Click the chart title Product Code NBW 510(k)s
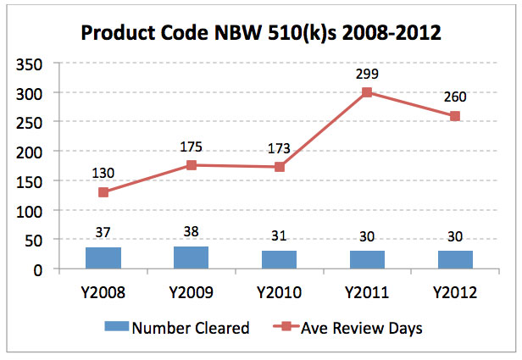[x=261, y=35]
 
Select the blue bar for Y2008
[x=103, y=258]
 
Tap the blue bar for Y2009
[x=191, y=258]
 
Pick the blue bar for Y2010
[x=279, y=260]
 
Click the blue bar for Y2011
[x=367, y=260]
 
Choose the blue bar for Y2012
[x=455, y=260]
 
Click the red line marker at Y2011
[x=367, y=93]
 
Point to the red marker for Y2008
[x=103, y=192]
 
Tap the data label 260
[x=455, y=97]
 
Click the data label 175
[x=191, y=147]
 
